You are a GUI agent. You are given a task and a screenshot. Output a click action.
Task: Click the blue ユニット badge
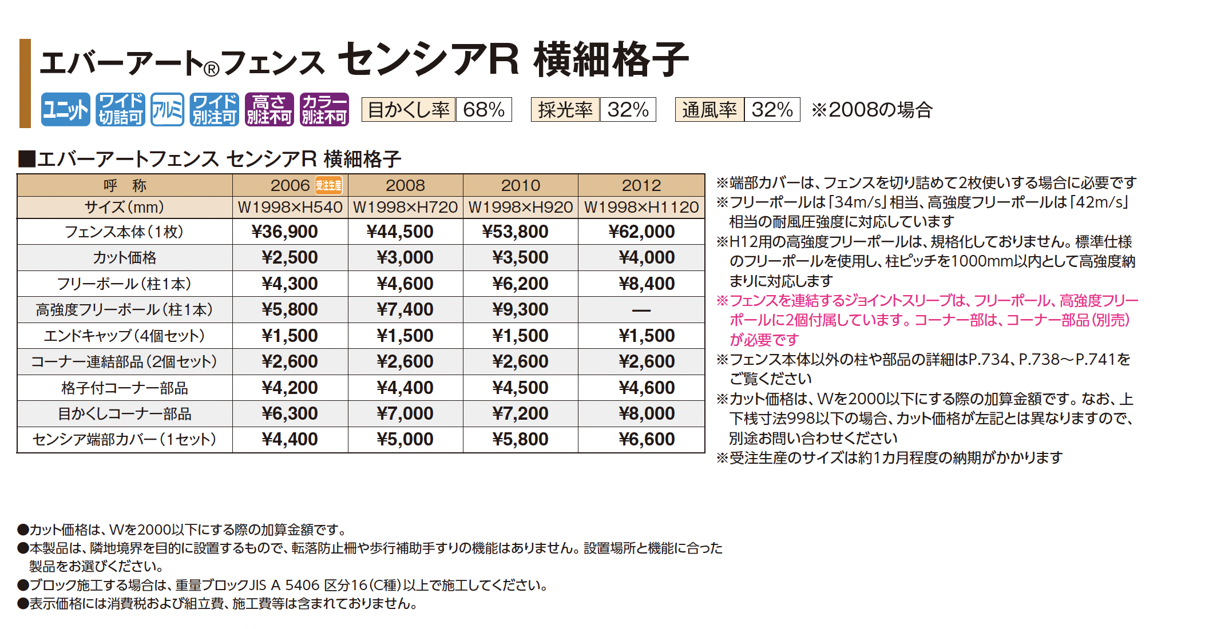coord(65,109)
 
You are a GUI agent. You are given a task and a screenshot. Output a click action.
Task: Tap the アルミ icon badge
coord(167,109)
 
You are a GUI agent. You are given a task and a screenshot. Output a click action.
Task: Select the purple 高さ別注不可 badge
coord(269,109)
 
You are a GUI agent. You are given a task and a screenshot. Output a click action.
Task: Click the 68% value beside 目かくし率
coord(483,109)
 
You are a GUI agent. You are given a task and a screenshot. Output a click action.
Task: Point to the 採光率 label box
coord(565,109)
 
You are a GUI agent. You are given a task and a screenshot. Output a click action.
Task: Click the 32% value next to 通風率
coord(772,109)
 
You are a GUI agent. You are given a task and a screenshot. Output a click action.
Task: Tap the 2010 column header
coord(520,185)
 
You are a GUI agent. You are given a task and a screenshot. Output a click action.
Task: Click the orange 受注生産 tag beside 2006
coord(329,185)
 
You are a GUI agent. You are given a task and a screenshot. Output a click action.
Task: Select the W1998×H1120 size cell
coord(641,207)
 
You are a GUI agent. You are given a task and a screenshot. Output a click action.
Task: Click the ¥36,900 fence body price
coord(285,232)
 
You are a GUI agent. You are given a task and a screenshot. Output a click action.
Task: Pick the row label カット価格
coord(125,258)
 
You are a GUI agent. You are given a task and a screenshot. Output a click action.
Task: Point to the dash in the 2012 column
coord(641,310)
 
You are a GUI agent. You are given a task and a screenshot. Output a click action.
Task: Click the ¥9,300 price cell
coord(520,309)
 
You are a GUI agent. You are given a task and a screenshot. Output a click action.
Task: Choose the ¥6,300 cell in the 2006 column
coord(290,413)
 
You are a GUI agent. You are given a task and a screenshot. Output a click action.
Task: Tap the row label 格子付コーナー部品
coord(125,388)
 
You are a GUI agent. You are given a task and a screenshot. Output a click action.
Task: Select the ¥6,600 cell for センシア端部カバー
coord(647,439)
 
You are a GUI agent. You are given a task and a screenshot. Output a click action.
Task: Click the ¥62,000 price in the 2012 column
coord(641,232)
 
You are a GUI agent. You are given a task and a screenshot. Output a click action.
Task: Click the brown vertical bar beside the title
coord(25,83)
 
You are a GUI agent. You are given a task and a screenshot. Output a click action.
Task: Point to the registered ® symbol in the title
coord(211,69)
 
